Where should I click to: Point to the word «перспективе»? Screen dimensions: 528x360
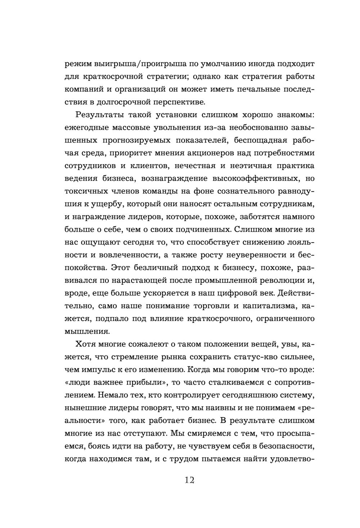(179, 102)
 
